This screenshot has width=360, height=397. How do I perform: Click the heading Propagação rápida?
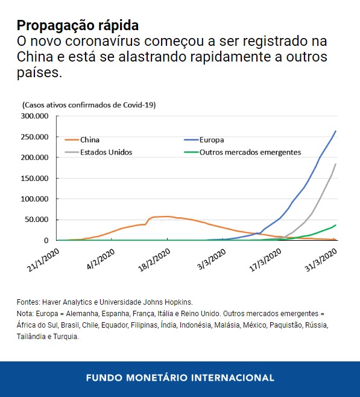click(78, 25)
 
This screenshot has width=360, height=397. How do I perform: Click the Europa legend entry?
click(211, 140)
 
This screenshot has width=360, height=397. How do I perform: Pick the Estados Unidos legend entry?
click(106, 152)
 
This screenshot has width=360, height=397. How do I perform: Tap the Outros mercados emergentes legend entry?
click(250, 152)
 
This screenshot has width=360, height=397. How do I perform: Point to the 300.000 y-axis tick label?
click(36, 116)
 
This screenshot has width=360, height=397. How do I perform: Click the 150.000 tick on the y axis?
click(36, 178)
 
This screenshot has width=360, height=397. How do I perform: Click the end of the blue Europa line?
click(336, 131)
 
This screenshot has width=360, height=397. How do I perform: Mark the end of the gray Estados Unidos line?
click(336, 164)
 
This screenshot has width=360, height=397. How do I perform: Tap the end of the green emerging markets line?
click(336, 225)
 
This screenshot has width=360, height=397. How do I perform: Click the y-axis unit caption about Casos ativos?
click(89, 105)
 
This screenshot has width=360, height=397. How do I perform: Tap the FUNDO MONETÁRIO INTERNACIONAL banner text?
click(180, 378)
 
